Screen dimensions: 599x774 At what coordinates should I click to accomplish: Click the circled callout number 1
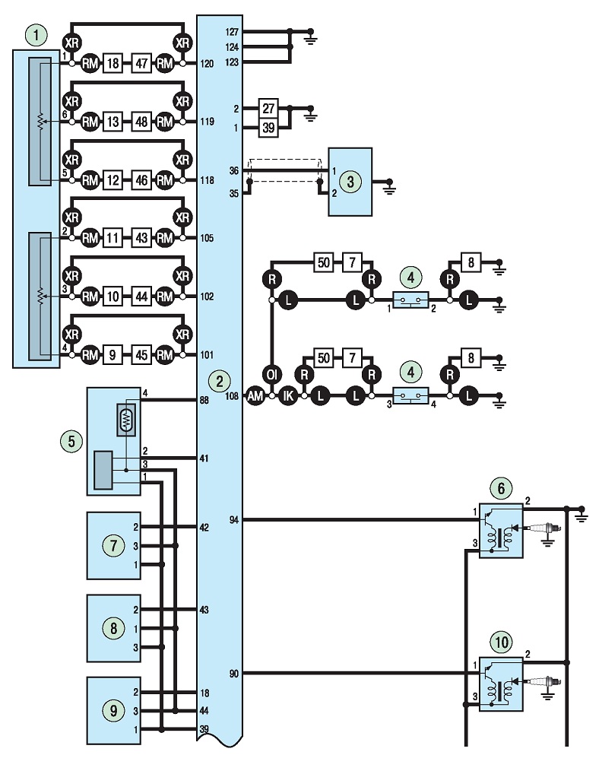tap(36, 36)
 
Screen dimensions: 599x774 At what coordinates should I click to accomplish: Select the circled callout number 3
tap(350, 181)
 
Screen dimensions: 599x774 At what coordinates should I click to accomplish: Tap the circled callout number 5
tap(71, 441)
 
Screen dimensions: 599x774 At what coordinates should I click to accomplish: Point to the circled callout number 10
tap(501, 642)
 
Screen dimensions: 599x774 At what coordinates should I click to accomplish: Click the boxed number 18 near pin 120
tap(113, 64)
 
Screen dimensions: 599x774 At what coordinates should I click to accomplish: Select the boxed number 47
tap(141, 64)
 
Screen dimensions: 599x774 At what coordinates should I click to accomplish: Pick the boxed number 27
tap(268, 108)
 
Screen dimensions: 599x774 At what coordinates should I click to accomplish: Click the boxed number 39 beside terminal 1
tap(268, 128)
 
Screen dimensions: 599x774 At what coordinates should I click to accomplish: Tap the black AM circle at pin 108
tap(255, 396)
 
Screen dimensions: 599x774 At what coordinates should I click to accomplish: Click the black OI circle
tap(272, 375)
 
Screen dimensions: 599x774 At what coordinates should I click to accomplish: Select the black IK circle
tap(288, 396)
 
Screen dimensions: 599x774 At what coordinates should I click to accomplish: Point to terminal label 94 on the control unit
tap(234, 520)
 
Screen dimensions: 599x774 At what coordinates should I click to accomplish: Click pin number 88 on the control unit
tap(204, 401)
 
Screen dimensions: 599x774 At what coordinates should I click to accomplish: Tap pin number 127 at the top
tap(232, 32)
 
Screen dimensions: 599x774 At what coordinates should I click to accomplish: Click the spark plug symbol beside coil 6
tap(544, 528)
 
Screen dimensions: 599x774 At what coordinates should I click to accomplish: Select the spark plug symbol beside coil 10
tap(544, 682)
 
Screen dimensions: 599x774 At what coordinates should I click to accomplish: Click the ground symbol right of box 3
tap(389, 188)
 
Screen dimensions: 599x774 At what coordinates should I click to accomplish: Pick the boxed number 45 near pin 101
tap(141, 355)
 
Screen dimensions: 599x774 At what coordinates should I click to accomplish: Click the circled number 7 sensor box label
tap(114, 545)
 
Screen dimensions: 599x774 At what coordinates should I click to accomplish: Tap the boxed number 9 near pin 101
tap(113, 355)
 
